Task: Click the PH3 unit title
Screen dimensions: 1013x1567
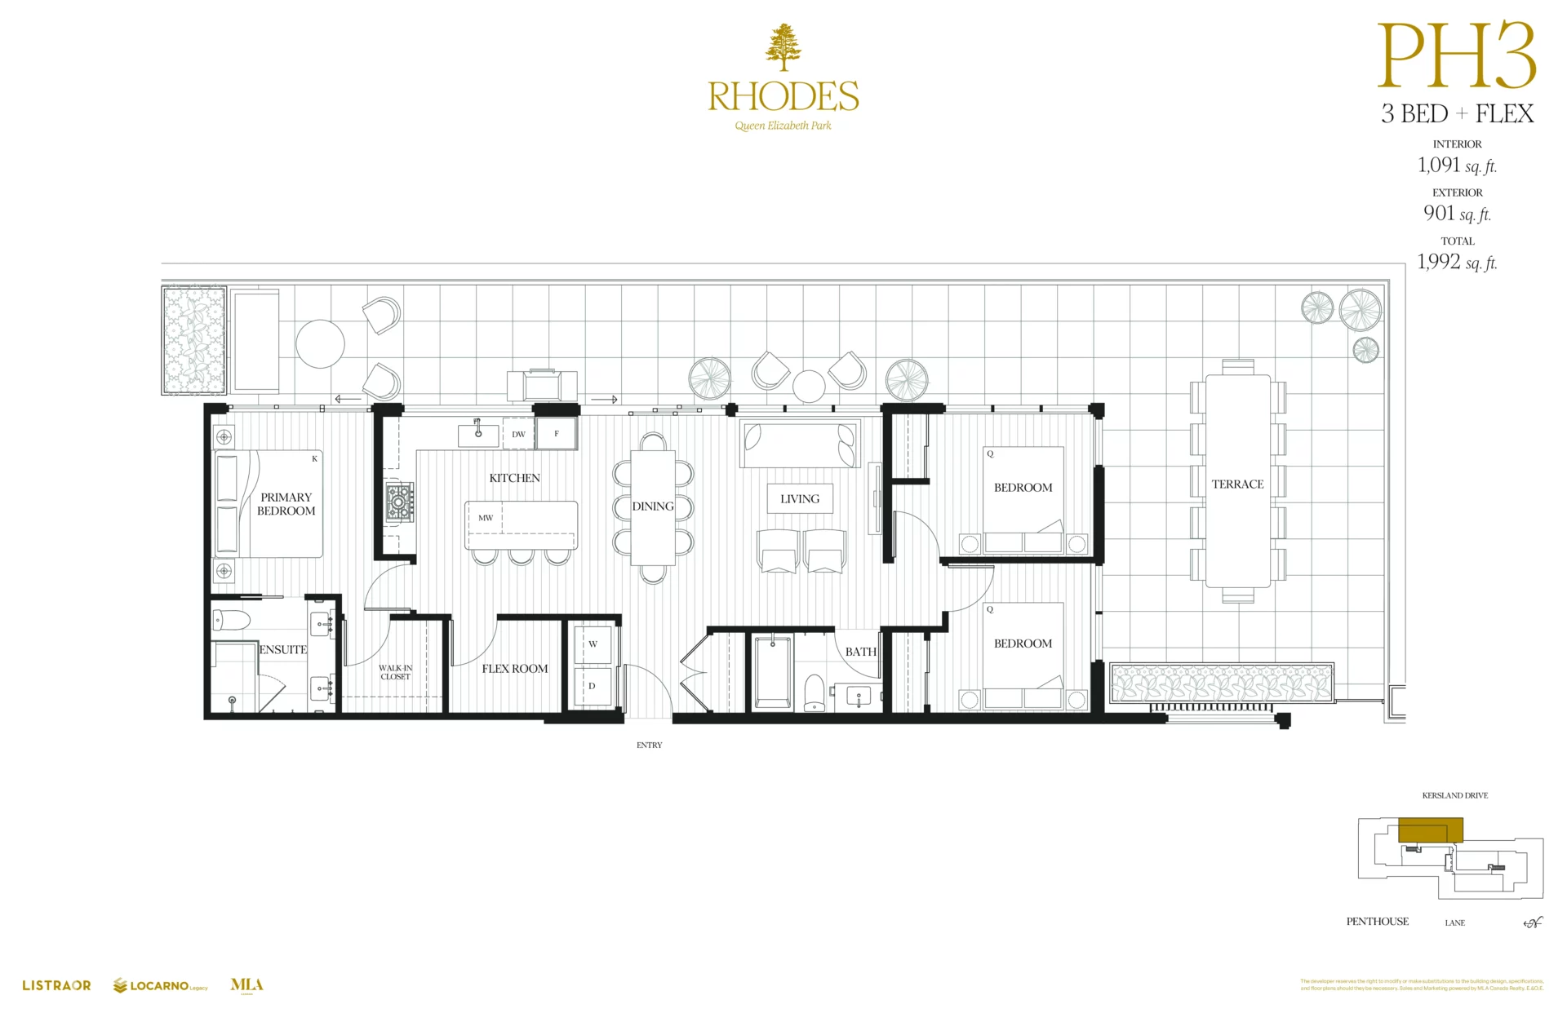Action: (1457, 57)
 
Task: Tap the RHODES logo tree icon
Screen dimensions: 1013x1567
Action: (783, 47)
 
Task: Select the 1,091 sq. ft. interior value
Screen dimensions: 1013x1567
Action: (1457, 166)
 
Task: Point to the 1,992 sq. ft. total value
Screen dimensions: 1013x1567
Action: (1457, 262)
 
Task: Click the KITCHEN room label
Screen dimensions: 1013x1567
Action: (514, 478)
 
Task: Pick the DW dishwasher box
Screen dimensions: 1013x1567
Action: (518, 434)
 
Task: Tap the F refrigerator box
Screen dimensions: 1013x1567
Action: (557, 434)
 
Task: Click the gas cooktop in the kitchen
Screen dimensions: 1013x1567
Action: (400, 502)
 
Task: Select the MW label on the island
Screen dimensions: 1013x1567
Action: (486, 518)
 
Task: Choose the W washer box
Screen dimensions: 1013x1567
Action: (593, 644)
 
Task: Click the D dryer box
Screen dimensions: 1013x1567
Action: (593, 686)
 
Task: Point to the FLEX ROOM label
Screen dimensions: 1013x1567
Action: (514, 669)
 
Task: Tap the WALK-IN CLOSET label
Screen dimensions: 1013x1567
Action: (395, 672)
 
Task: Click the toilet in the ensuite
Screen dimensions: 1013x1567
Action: (231, 621)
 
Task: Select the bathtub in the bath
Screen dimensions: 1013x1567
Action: (772, 674)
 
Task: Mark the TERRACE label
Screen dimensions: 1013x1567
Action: (1237, 484)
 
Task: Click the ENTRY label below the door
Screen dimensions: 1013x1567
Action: (650, 745)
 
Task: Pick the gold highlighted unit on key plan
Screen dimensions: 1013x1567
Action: (1430, 830)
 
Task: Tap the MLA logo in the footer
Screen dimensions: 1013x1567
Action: (246, 985)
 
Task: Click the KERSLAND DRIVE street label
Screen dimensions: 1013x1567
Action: (1454, 795)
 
